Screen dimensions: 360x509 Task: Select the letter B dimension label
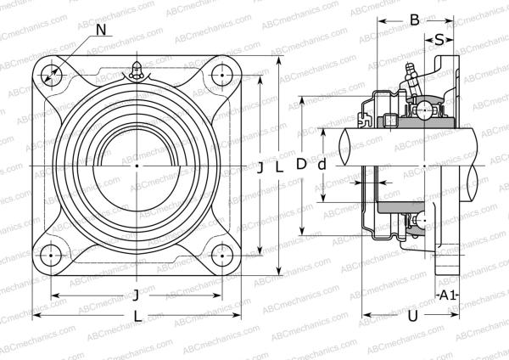(x=414, y=20)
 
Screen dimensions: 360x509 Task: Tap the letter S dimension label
(x=439, y=39)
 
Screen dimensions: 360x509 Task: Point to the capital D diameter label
(x=300, y=166)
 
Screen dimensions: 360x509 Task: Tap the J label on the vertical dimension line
(x=260, y=168)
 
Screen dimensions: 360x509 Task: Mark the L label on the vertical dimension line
(x=277, y=168)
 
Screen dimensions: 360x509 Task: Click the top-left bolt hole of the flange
(x=53, y=73)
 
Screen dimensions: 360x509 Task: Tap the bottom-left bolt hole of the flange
(x=53, y=253)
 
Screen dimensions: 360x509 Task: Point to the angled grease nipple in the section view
(x=407, y=76)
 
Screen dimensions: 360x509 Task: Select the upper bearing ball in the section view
(x=422, y=109)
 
